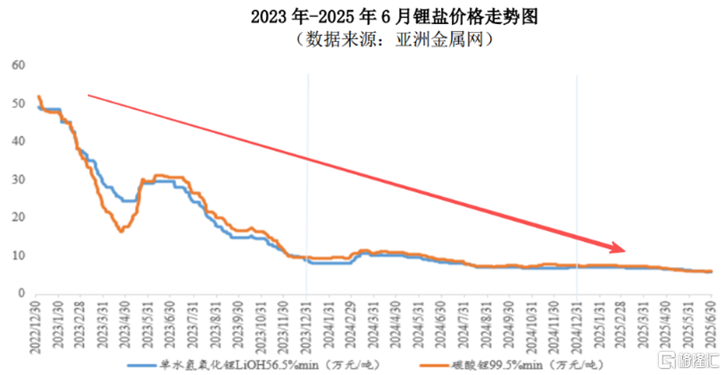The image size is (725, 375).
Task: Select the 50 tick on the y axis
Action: click(x=18, y=104)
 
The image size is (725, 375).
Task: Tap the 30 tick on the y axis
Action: click(x=18, y=179)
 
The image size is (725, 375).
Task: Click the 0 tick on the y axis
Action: click(x=21, y=294)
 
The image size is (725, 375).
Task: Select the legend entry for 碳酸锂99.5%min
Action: click(x=518, y=365)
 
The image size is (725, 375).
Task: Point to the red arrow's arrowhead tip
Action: click(x=626, y=248)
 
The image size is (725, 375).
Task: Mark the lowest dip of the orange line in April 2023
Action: click(x=121, y=231)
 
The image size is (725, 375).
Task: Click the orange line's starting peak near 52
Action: click(x=38, y=96)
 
